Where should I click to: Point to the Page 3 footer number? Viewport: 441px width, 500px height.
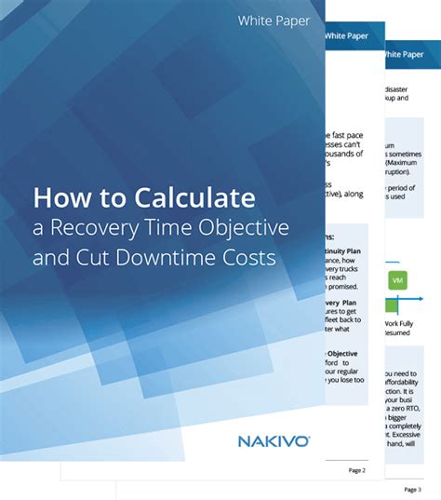coord(412,489)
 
